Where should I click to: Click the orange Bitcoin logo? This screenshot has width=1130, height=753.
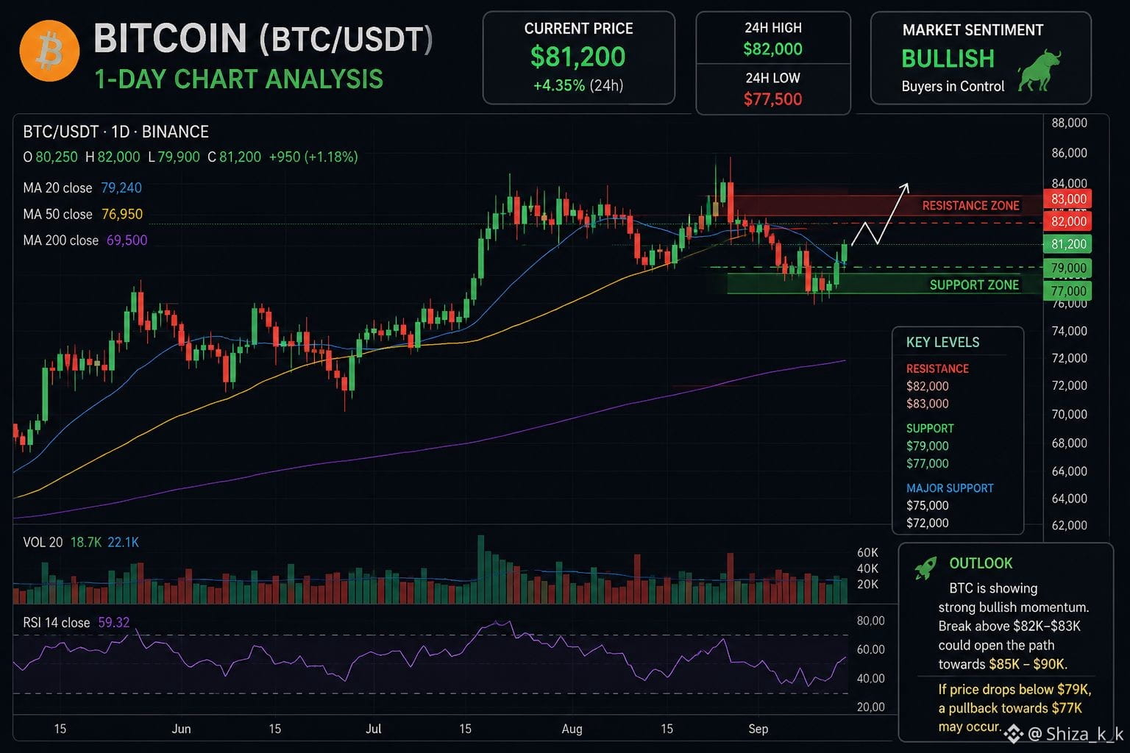click(x=49, y=51)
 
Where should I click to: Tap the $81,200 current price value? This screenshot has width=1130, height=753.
click(x=578, y=57)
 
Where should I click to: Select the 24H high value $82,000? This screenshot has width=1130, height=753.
click(x=773, y=49)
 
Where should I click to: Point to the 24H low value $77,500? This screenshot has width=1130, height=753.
click(x=773, y=99)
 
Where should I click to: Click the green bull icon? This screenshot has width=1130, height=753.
click(x=1040, y=71)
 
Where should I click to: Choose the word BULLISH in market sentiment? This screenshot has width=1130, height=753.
click(x=948, y=59)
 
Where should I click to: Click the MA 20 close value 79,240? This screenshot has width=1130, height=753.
click(x=121, y=188)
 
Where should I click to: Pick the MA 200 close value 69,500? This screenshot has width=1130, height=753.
click(x=127, y=240)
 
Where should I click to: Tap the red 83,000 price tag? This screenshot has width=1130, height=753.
click(x=1068, y=199)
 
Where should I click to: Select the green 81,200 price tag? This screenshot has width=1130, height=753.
click(x=1068, y=244)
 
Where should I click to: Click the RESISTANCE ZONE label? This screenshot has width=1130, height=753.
click(x=970, y=206)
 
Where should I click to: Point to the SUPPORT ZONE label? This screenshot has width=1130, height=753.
click(x=974, y=285)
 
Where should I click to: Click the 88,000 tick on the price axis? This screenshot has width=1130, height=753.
click(x=1069, y=123)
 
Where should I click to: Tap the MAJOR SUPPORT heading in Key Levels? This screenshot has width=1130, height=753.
click(x=950, y=488)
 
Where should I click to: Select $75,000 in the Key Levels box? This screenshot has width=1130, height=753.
click(x=927, y=505)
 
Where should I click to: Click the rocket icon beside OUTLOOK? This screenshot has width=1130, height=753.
click(x=925, y=568)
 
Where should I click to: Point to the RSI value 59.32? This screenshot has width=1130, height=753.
click(x=113, y=622)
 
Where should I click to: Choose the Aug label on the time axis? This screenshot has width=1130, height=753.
click(x=572, y=729)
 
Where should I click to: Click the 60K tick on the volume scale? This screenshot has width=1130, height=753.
click(x=867, y=553)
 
